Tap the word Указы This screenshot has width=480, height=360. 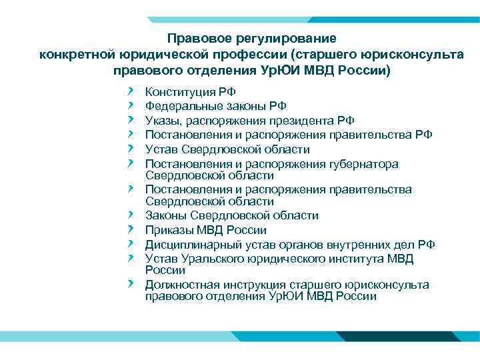[x=164, y=120]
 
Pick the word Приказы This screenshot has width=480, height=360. [x=170, y=230]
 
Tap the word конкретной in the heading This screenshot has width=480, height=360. [x=78, y=54]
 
